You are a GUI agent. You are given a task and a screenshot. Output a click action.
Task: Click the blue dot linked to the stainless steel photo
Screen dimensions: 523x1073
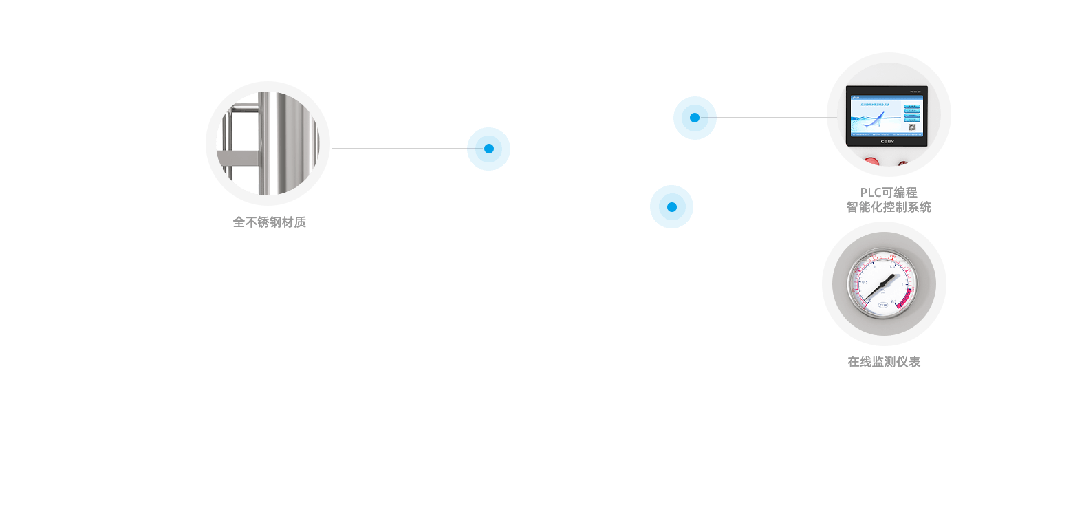(x=488, y=149)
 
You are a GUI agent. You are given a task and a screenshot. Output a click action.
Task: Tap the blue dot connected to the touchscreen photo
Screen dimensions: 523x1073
(x=695, y=118)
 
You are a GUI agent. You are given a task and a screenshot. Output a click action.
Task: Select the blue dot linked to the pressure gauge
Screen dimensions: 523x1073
(x=671, y=206)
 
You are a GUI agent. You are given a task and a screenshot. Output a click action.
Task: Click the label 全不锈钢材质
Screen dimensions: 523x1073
(x=269, y=222)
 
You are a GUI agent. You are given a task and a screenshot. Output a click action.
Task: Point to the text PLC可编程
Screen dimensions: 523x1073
(x=888, y=193)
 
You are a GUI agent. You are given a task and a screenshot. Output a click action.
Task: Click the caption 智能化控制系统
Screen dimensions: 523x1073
(x=888, y=207)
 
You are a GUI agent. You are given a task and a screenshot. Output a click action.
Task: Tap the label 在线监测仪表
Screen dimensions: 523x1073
(x=884, y=362)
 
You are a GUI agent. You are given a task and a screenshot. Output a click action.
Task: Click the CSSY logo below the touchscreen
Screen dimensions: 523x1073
(x=887, y=142)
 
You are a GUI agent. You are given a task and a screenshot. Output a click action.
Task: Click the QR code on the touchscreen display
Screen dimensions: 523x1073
(x=912, y=127)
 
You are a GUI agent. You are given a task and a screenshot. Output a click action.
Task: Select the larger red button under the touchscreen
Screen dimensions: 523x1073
(x=871, y=163)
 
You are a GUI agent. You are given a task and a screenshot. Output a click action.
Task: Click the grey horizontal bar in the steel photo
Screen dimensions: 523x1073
(x=237, y=158)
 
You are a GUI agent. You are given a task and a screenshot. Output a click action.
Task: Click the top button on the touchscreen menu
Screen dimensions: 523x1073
(x=912, y=107)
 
